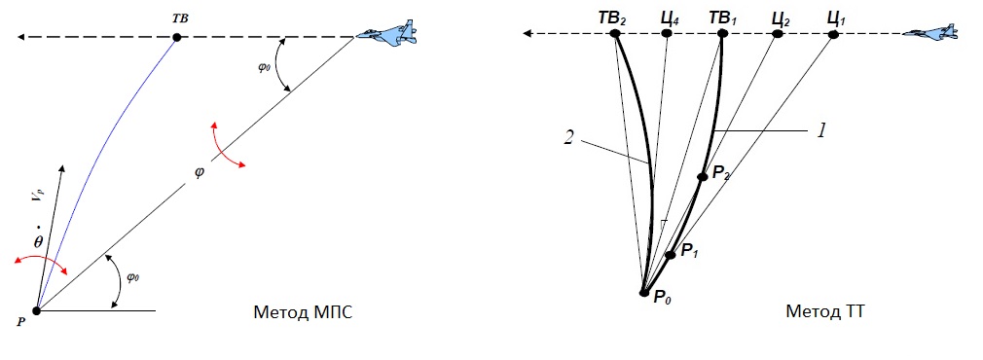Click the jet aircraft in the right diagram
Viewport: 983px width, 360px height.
[x=930, y=33]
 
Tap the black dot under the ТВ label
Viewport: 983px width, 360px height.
[x=177, y=38]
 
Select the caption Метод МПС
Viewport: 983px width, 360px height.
[x=303, y=311]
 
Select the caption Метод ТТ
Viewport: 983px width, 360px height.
[x=825, y=311]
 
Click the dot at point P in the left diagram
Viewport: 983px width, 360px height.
[x=36, y=310]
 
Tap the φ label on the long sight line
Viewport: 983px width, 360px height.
[x=200, y=171]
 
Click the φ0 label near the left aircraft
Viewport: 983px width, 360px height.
[x=263, y=66]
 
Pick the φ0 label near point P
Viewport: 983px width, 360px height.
[x=133, y=276]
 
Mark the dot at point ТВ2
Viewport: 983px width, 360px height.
[x=615, y=34]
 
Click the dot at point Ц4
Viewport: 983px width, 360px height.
[x=667, y=34]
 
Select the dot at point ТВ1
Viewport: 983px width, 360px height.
[x=722, y=34]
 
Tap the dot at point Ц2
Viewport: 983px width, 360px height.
[x=778, y=34]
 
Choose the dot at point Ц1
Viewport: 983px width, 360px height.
[x=833, y=34]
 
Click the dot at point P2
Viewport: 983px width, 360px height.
[x=703, y=177]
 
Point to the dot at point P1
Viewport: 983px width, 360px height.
[x=671, y=255]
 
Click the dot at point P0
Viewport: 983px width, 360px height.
[x=643, y=293]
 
